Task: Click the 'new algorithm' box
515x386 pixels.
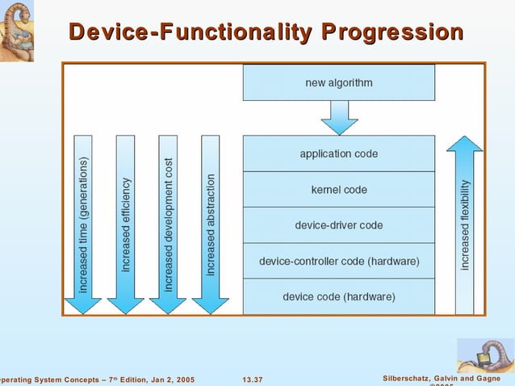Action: pos(338,82)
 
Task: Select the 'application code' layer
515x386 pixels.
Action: pos(338,153)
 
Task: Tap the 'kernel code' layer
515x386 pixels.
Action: pos(338,190)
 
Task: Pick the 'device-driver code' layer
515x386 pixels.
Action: pos(338,225)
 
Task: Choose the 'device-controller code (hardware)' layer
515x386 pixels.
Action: pos(338,262)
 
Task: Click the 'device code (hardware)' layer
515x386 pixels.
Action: pos(338,296)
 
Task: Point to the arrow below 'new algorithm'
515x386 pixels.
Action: pos(339,118)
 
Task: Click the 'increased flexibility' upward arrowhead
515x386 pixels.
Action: pos(464,145)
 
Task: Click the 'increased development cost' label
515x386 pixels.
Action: pos(169,224)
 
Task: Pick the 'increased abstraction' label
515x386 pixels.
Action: pos(211,224)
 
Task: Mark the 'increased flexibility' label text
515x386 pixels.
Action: pos(465,225)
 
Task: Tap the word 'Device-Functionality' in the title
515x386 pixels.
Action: pos(191,32)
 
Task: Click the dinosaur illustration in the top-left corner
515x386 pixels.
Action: pos(20,31)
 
